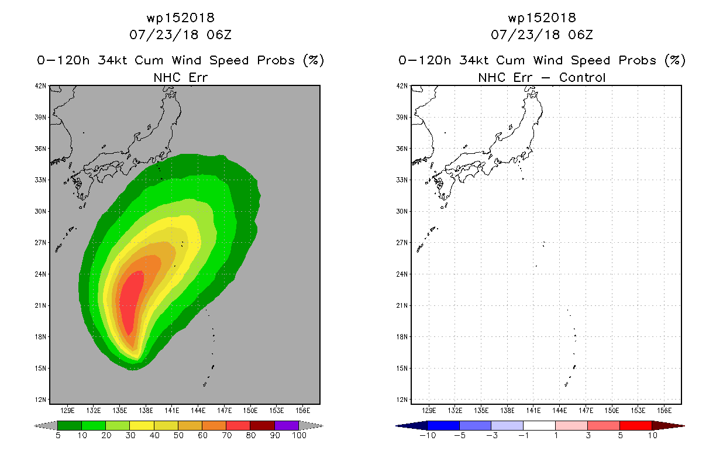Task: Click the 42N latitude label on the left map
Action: click(x=40, y=86)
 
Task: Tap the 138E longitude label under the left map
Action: click(x=146, y=411)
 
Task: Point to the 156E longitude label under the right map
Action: click(x=664, y=411)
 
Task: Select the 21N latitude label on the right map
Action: click(x=402, y=305)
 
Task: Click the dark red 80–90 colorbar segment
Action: click(x=262, y=425)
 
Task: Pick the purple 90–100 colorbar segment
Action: click(x=287, y=425)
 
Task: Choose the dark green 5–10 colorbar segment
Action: click(x=70, y=425)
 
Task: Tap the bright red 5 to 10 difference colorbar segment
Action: click(x=636, y=425)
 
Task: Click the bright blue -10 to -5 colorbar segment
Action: click(x=443, y=425)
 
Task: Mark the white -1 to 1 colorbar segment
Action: click(x=539, y=425)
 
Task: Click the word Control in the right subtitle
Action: click(x=582, y=78)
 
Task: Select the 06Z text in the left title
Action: click(x=219, y=35)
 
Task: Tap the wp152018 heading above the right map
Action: click(x=542, y=18)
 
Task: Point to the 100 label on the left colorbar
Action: click(x=299, y=435)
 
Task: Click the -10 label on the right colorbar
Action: click(x=428, y=435)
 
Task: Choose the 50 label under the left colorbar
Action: click(x=178, y=435)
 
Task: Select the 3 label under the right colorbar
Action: click(x=588, y=435)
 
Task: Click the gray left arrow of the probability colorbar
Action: click(x=46, y=425)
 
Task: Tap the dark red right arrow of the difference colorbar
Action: click(x=668, y=426)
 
